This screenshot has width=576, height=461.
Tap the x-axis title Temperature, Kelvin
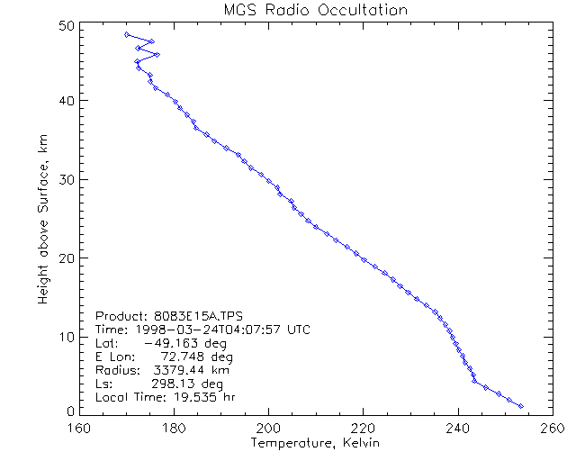(x=315, y=443)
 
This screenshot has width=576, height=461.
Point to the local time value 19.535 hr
(x=198, y=397)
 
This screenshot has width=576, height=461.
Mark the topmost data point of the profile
(x=127, y=34)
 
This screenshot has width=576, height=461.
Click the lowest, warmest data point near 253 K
(x=520, y=406)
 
